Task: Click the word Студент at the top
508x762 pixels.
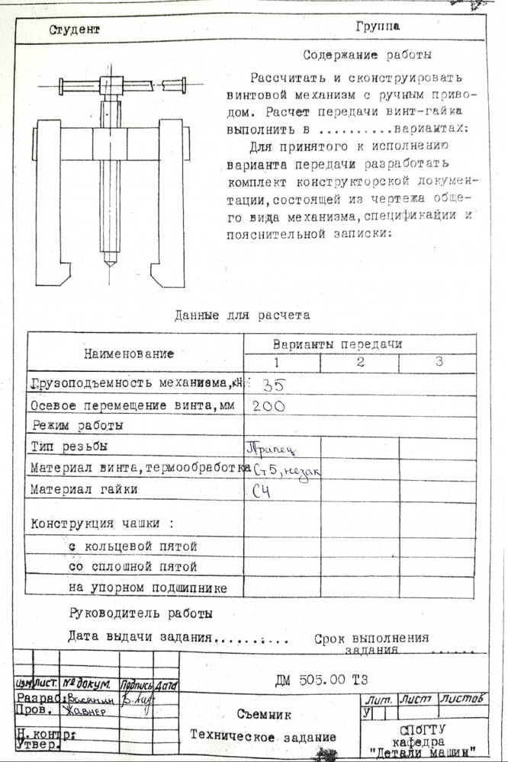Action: pos(75,30)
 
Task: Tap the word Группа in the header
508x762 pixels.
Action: pos(378,27)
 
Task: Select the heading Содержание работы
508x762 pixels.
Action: pos(368,55)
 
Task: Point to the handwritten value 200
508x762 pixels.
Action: pos(268,406)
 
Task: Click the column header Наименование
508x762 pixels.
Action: pos(129,354)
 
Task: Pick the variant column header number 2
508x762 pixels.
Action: pos(359,363)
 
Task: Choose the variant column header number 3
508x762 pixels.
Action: pos(439,362)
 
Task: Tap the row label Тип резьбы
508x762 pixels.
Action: pos(69,445)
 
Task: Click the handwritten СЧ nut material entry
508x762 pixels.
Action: pos(262,491)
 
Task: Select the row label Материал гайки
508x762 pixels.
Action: pos(84,489)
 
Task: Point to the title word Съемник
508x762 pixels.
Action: pos(263,715)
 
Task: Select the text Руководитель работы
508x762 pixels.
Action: pos(140,613)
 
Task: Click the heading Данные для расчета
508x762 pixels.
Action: pos(243,315)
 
